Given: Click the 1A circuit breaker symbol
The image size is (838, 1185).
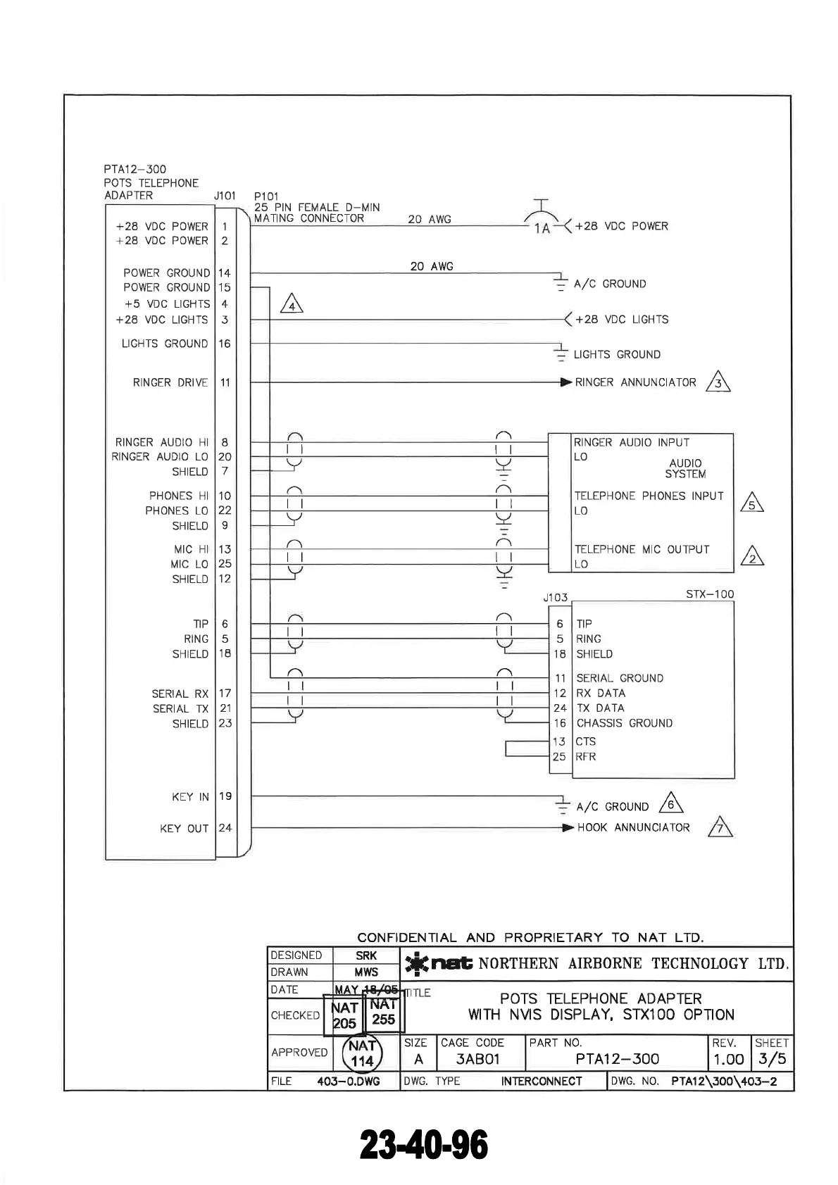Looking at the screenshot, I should (x=541, y=220).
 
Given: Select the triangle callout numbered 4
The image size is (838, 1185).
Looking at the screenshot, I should (x=292, y=304).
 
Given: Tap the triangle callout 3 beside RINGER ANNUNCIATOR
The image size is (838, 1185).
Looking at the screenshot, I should (x=718, y=382).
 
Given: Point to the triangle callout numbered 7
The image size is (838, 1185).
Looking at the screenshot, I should (x=720, y=827).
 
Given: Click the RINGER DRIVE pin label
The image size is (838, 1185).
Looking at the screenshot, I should (x=170, y=382).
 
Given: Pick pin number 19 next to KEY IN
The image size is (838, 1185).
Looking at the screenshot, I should (x=225, y=796).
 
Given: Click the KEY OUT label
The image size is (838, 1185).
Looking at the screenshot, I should (x=184, y=828).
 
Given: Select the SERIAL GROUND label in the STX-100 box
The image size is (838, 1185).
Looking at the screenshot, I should (x=620, y=678).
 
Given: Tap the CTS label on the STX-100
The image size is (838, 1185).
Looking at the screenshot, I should (x=586, y=741).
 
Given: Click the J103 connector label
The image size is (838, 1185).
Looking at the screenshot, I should (x=555, y=598).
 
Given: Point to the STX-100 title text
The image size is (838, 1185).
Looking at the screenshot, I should (x=709, y=594).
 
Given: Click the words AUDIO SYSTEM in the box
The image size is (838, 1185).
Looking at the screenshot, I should (x=685, y=468).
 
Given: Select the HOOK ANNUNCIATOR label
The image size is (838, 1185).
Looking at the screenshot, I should (x=633, y=827).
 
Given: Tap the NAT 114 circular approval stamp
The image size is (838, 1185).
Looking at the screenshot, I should (x=362, y=1053).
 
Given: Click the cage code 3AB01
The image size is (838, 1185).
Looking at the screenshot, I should (x=477, y=1059).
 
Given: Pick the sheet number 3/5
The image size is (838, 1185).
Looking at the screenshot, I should (x=772, y=1059).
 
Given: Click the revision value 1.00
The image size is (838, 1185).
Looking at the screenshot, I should (x=728, y=1059).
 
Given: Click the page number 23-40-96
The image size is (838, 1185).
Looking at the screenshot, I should (x=424, y=1145).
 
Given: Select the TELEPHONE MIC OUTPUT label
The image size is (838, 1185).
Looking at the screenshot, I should (x=642, y=549).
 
